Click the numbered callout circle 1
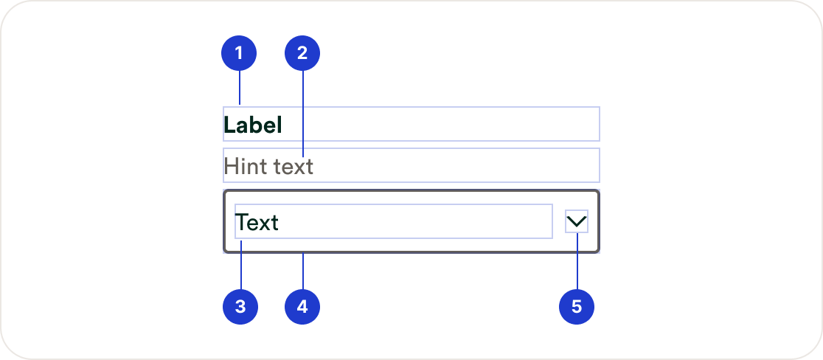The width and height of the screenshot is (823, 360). point(240,53)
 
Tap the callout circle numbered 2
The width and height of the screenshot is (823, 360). point(302,53)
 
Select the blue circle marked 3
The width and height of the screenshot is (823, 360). point(240,307)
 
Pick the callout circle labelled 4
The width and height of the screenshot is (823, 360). point(302,307)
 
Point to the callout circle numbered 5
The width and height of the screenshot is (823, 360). point(577,307)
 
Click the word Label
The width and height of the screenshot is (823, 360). point(253,125)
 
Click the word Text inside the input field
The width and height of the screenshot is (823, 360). point(257,222)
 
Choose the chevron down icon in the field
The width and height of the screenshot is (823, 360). point(577,221)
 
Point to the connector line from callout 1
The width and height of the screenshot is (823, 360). point(240,89)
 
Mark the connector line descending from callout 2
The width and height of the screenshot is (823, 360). point(302,111)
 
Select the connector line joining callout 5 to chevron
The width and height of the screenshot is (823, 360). point(577,262)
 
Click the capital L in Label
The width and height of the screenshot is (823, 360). point(229,125)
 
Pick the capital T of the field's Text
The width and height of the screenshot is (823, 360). point(243,222)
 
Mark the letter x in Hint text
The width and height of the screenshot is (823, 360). point(297,167)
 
